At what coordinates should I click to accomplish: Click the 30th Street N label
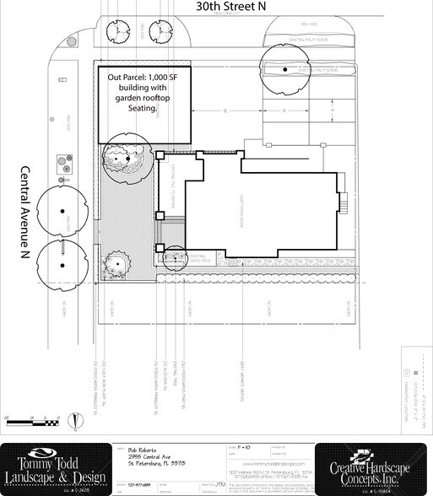tap(230, 7)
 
